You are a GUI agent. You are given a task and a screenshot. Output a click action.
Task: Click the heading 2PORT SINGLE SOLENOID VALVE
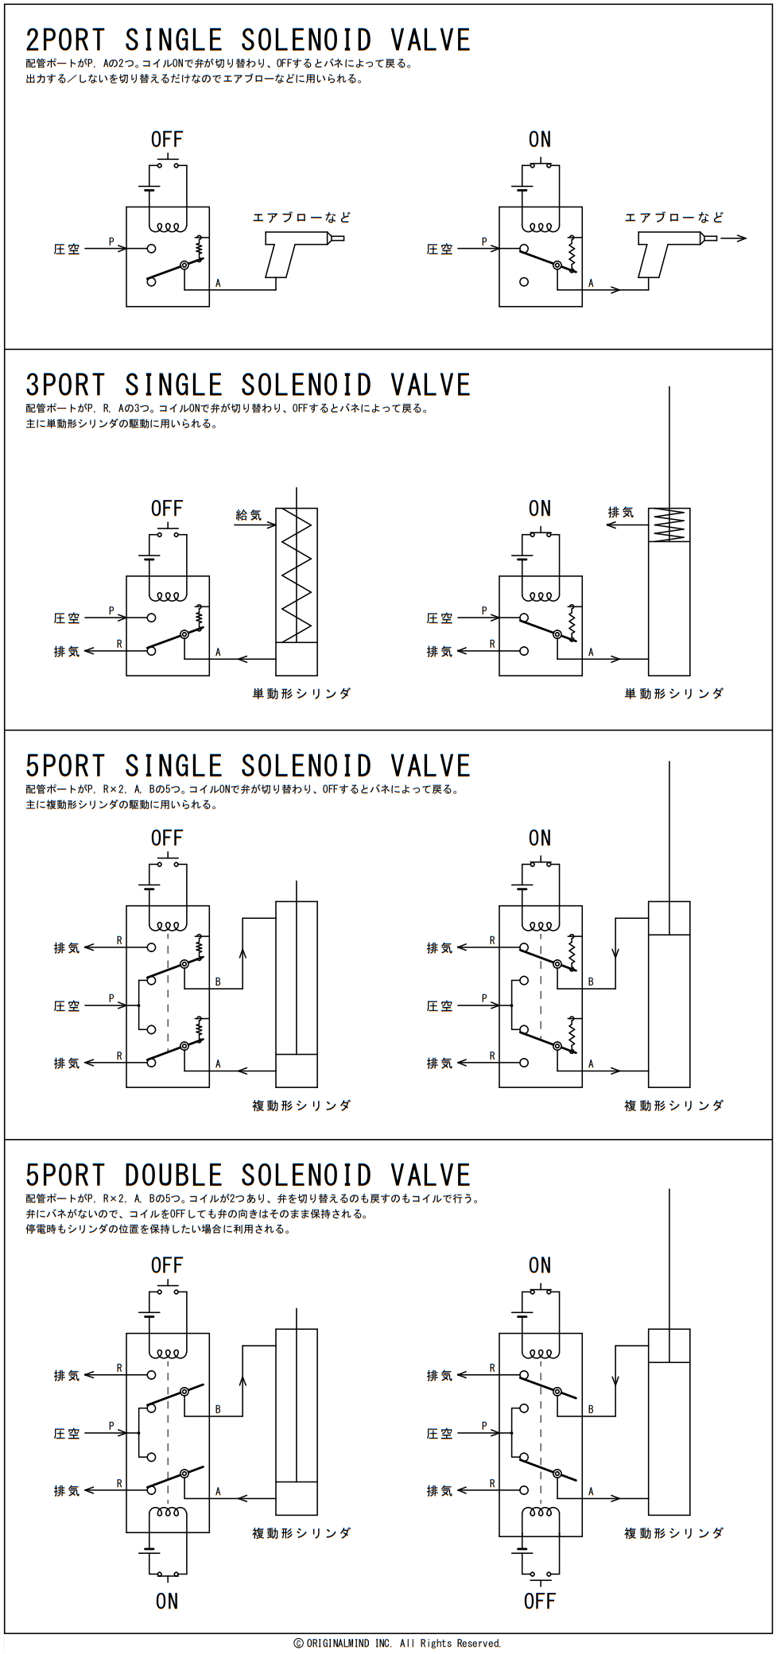pyautogui.click(x=248, y=40)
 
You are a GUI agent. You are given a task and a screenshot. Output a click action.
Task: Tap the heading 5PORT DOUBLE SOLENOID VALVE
pyautogui.click(x=248, y=1175)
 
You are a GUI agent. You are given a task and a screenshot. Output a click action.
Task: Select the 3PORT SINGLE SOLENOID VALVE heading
pyautogui.click(x=248, y=385)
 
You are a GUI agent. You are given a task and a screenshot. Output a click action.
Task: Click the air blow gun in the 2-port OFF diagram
pyautogui.click(x=304, y=253)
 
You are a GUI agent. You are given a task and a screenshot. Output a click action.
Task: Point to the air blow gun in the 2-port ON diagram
pyautogui.click(x=677, y=253)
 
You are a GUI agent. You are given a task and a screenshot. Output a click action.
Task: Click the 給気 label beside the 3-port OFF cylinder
pyautogui.click(x=248, y=515)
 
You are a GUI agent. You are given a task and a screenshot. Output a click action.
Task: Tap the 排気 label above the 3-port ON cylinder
pyautogui.click(x=620, y=513)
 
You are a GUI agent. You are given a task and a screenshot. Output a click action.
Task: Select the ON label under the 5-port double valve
pyautogui.click(x=167, y=1602)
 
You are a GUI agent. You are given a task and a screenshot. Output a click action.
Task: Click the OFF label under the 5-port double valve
pyautogui.click(x=539, y=1602)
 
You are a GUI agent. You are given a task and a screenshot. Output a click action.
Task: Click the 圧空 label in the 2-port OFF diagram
pyautogui.click(x=67, y=250)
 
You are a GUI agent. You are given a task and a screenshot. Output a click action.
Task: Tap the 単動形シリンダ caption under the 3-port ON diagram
pyautogui.click(x=674, y=694)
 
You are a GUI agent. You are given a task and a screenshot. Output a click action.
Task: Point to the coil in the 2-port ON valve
pyautogui.click(x=541, y=227)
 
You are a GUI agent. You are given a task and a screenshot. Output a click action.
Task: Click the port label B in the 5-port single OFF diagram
pyautogui.click(x=218, y=982)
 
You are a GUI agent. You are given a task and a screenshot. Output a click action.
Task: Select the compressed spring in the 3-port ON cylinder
pyautogui.click(x=669, y=525)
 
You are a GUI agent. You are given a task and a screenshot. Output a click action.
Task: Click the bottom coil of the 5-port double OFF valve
pyautogui.click(x=168, y=1512)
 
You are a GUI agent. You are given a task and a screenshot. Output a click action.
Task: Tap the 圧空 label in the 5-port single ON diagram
pyautogui.click(x=440, y=1006)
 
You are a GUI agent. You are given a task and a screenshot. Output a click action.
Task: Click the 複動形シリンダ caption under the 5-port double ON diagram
pyautogui.click(x=674, y=1533)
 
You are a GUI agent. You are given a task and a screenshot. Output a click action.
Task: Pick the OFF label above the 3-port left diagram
pyautogui.click(x=167, y=509)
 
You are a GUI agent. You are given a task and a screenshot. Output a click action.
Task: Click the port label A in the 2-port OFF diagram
pyautogui.click(x=218, y=283)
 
